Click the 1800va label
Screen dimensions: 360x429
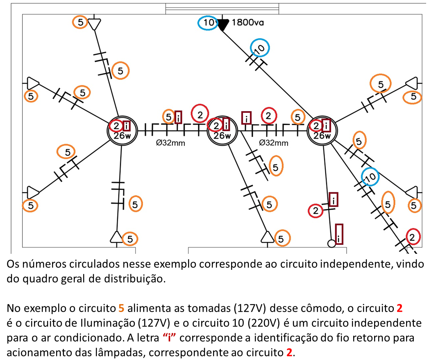(248, 23)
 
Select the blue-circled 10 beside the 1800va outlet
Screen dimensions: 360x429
(209, 23)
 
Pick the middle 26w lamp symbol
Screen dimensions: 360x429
(222, 131)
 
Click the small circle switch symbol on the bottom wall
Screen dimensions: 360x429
(331, 243)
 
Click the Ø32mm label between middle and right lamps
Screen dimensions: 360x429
(274, 143)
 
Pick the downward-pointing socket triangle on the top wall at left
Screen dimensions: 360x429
(95, 24)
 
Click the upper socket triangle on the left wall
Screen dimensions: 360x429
(32, 83)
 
